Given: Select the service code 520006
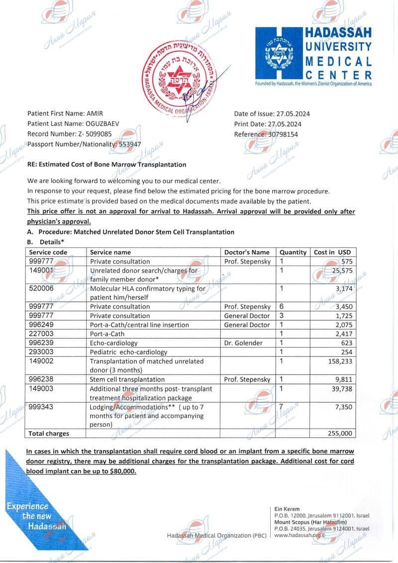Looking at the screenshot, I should tap(43, 288).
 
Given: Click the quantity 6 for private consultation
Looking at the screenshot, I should tap(282, 306).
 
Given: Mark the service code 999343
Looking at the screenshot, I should tap(43, 406).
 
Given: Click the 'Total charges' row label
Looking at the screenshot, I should tap(49, 433).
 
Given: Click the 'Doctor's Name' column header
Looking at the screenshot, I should tap(247, 252).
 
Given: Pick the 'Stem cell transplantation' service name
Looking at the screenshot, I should tap(128, 379).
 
